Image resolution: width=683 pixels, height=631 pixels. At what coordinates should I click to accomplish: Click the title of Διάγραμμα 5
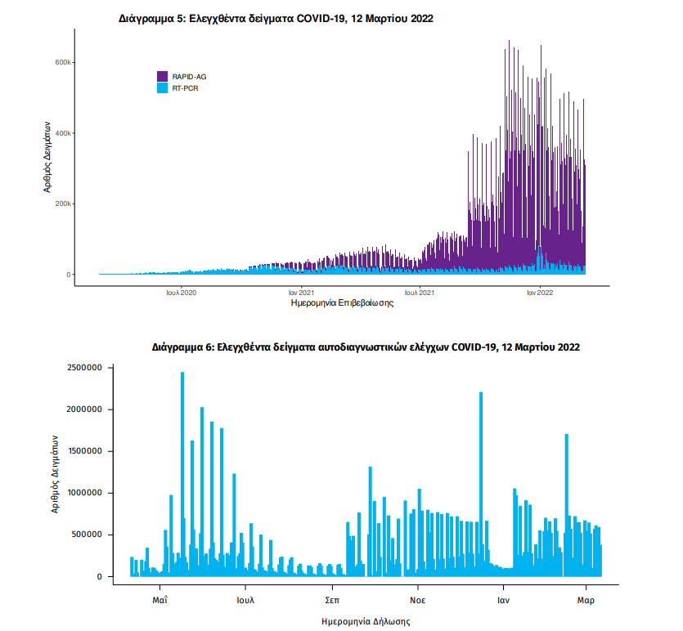[x=276, y=18]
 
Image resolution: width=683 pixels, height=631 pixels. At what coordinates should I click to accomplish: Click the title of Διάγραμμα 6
[x=366, y=347]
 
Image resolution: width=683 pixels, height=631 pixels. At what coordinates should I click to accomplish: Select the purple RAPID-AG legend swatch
[x=162, y=76]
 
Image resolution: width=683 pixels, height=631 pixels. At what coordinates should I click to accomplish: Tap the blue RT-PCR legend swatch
[x=162, y=87]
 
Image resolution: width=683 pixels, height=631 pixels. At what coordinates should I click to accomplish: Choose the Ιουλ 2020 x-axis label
[x=181, y=291]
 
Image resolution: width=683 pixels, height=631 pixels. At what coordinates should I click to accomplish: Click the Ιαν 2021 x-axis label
[x=302, y=291]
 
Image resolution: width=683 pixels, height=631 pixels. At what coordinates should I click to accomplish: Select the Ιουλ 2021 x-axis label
[x=420, y=291]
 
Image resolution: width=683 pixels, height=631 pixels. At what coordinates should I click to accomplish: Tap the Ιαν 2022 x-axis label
[x=540, y=291]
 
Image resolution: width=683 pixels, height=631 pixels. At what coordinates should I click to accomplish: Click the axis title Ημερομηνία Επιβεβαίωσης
[x=343, y=303]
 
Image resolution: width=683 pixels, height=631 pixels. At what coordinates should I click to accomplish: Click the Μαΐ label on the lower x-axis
[x=160, y=600]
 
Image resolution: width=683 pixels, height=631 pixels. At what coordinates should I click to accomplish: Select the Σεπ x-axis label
[x=332, y=600]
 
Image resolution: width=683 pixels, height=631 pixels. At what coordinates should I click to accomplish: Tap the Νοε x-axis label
[x=418, y=600]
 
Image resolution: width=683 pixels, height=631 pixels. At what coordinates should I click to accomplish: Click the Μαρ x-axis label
[x=586, y=600]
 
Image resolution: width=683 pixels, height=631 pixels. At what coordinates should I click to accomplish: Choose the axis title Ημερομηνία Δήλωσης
[x=366, y=621]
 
